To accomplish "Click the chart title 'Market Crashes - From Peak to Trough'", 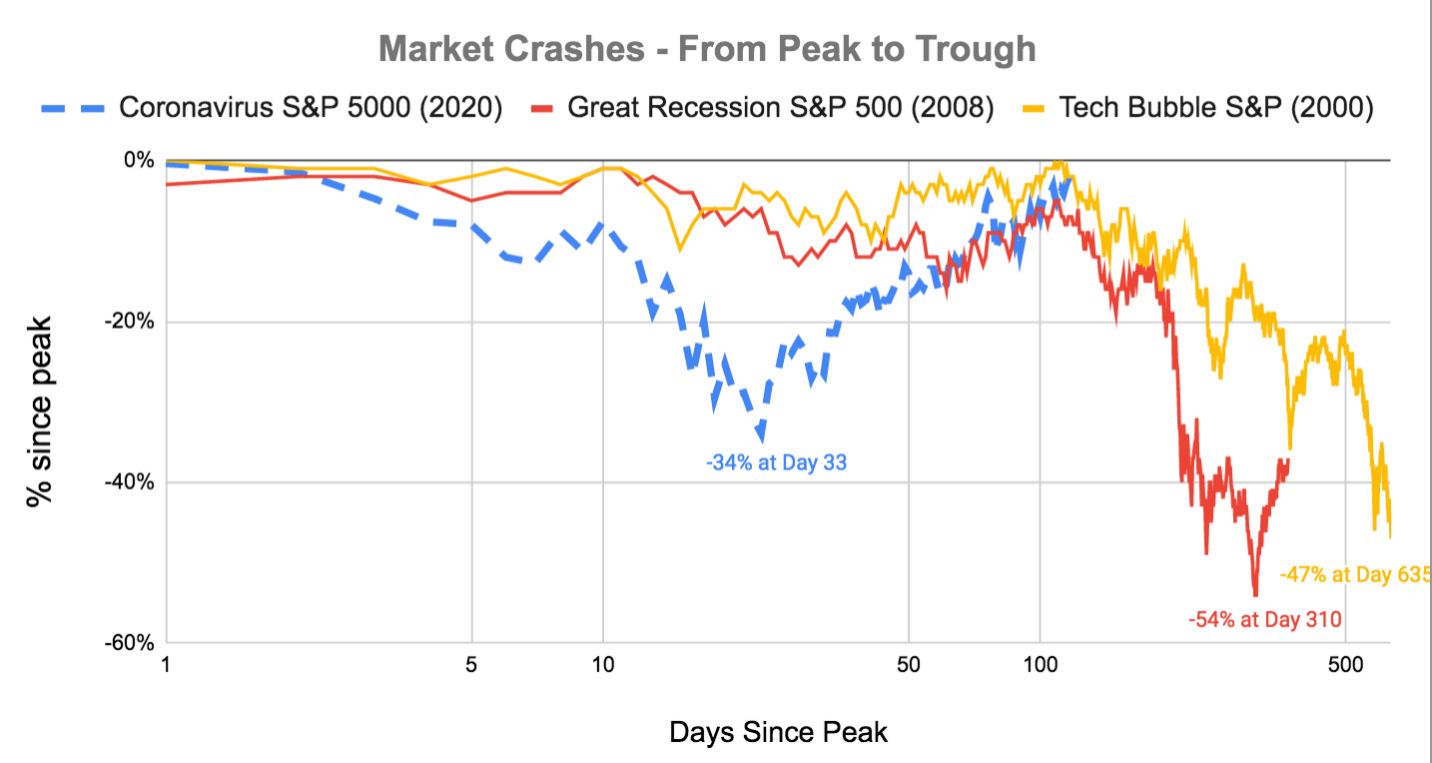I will point(707,48).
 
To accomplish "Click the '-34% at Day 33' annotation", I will point(776,463).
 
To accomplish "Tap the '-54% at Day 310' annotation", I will point(1264,619).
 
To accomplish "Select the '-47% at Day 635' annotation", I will point(1354,575).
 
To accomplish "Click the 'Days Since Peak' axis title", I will point(778,732).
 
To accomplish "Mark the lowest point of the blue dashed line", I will point(762,436).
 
